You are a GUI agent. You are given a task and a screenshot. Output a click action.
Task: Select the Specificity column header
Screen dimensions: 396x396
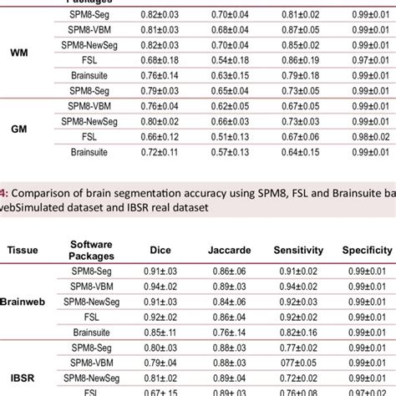(x=367, y=249)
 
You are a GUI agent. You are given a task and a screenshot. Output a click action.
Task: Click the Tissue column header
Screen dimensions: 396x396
(x=28, y=249)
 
